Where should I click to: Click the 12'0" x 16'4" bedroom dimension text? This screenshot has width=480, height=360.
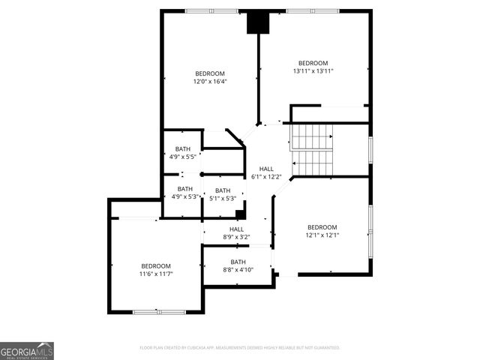click(x=210, y=82)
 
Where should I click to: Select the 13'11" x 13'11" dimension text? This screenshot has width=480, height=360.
click(x=313, y=71)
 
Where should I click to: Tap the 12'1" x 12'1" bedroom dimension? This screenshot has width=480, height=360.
click(x=322, y=235)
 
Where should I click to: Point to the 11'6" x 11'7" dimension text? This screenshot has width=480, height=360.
click(x=156, y=274)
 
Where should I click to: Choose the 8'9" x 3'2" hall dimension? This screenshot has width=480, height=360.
click(x=236, y=238)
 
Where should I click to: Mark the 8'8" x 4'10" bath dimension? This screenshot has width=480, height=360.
click(x=238, y=270)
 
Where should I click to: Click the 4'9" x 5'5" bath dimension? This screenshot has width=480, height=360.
click(x=183, y=157)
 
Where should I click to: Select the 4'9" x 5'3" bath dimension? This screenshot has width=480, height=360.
click(x=184, y=197)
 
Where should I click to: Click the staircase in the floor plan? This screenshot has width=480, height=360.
click(x=312, y=149)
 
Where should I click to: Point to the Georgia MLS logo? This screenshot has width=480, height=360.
click(x=27, y=351)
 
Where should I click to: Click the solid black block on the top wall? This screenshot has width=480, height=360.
click(x=258, y=22)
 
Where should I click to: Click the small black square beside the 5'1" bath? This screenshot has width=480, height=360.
click(x=241, y=214)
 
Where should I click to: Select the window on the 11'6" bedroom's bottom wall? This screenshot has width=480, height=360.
click(x=159, y=311)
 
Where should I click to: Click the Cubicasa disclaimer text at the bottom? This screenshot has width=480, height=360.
click(x=240, y=348)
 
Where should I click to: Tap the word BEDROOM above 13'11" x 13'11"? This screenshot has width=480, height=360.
click(x=313, y=63)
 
